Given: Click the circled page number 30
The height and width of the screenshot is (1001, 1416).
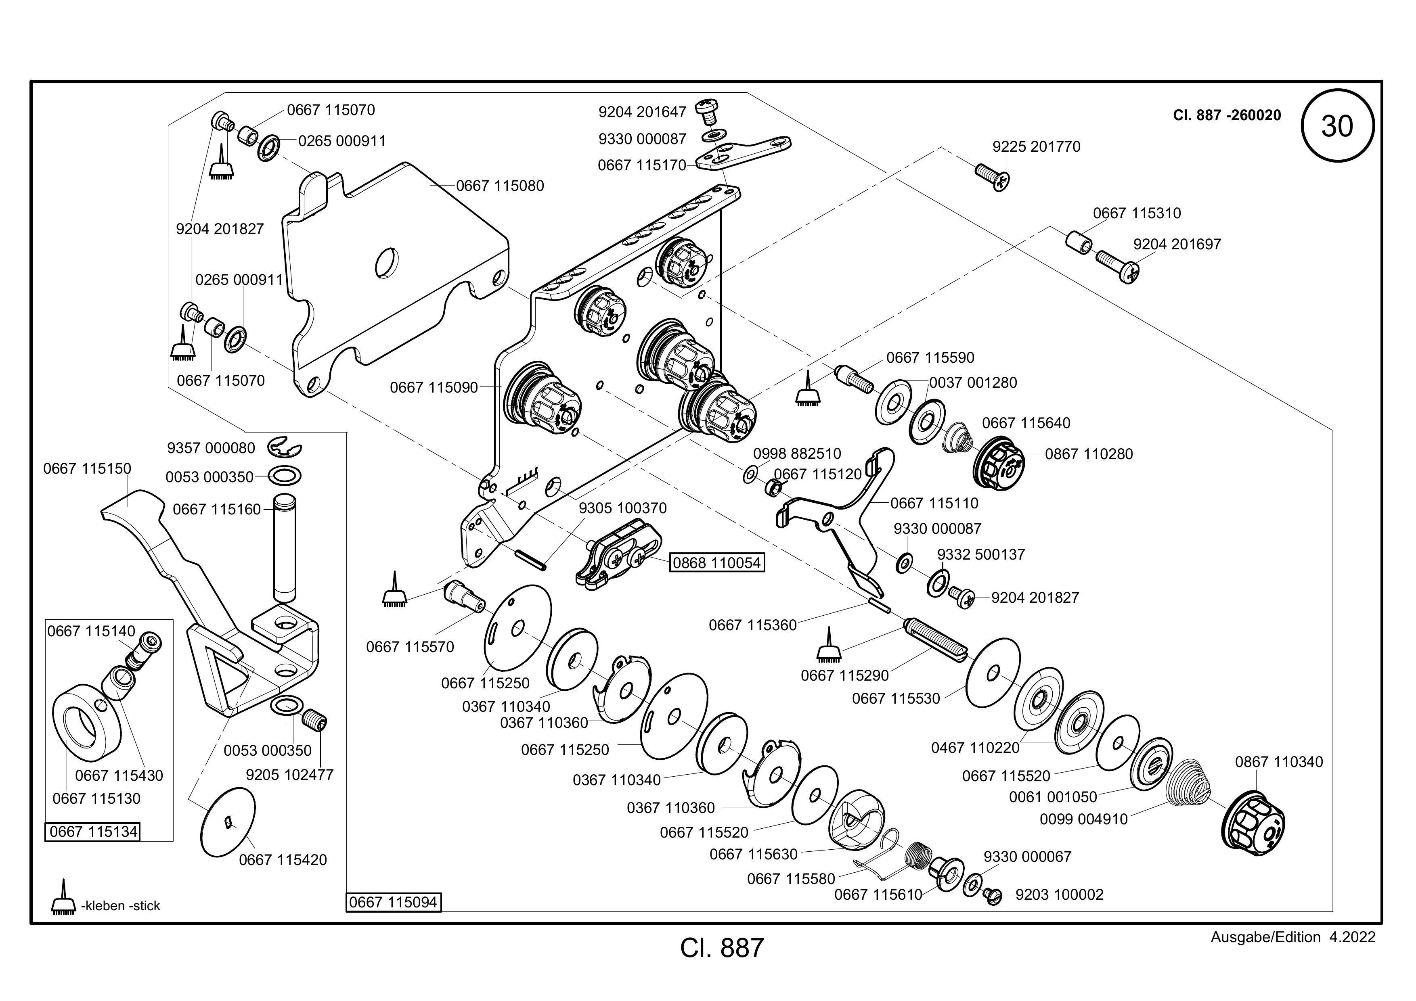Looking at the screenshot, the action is click(x=1337, y=126).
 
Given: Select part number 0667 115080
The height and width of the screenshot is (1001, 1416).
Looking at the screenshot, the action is click(x=500, y=186).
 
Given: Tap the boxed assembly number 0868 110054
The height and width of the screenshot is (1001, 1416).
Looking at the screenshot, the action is click(x=716, y=563).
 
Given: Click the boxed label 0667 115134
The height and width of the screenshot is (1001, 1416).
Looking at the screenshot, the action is click(x=93, y=832).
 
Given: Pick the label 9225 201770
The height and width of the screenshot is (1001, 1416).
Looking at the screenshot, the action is click(x=1036, y=147).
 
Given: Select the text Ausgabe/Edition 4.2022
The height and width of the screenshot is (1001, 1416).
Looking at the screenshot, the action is click(x=1292, y=938).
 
